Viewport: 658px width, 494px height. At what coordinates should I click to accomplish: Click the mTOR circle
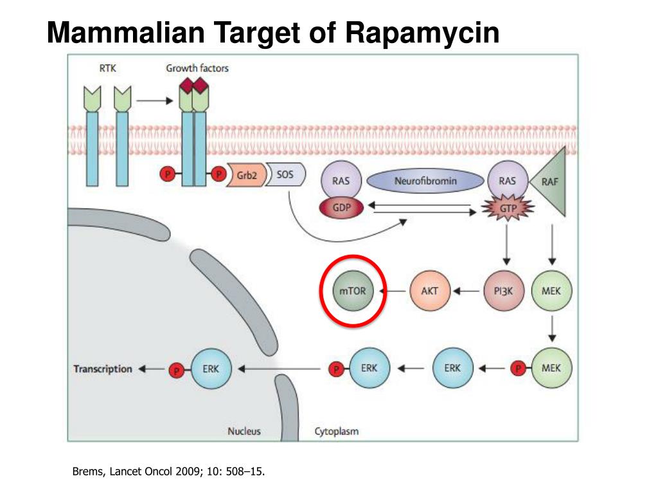tap(352, 291)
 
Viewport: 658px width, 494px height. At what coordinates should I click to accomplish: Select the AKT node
tap(429, 291)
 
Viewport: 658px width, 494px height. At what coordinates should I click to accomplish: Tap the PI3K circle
tap(505, 291)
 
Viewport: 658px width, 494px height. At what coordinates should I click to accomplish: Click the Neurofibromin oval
tap(426, 181)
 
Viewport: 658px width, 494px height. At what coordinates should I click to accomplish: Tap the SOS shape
tap(284, 174)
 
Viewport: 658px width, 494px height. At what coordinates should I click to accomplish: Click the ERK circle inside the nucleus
tap(211, 369)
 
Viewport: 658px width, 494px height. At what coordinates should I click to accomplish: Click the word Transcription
tap(103, 369)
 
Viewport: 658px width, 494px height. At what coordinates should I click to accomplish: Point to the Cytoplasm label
tap(336, 431)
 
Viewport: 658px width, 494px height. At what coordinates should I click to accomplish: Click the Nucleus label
tap(244, 431)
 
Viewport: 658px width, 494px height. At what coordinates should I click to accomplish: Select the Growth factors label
tap(197, 68)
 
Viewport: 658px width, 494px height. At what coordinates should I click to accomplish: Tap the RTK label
tap(107, 68)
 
